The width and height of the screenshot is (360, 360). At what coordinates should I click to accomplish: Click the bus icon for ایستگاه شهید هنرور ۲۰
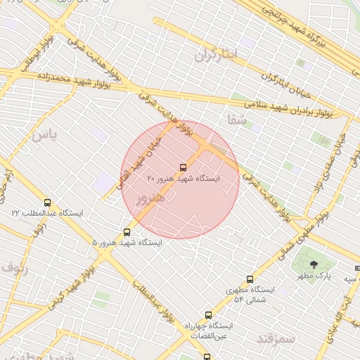(x=184, y=167)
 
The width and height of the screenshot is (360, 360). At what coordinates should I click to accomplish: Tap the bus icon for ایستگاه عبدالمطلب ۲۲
(x=47, y=202)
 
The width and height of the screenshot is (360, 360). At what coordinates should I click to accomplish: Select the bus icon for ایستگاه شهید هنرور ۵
(x=127, y=231)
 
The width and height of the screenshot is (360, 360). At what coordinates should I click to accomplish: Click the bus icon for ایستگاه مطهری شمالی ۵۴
(x=250, y=279)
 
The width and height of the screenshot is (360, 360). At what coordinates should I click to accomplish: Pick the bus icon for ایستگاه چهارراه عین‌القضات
(x=208, y=315)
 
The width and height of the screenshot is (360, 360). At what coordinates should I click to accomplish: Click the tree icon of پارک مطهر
(x=314, y=264)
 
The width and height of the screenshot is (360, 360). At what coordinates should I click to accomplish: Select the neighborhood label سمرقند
(x=274, y=339)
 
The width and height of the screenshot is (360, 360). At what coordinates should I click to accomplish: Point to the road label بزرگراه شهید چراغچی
(x=309, y=28)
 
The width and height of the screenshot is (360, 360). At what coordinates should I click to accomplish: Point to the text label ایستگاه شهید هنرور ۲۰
(x=184, y=179)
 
